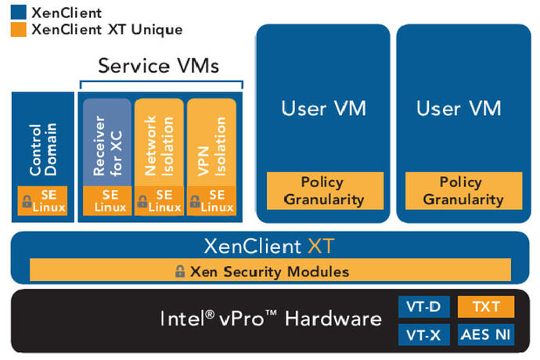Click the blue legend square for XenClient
(x=17, y=13)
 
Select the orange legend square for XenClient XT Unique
(x=17, y=29)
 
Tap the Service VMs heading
(x=158, y=66)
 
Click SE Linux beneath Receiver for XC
(x=106, y=200)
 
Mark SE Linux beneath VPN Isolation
(x=211, y=200)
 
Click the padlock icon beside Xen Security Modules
(x=180, y=272)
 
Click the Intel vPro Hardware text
(x=271, y=319)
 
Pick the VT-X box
(x=423, y=335)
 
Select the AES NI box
(x=484, y=335)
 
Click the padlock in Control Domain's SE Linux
(x=27, y=202)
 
